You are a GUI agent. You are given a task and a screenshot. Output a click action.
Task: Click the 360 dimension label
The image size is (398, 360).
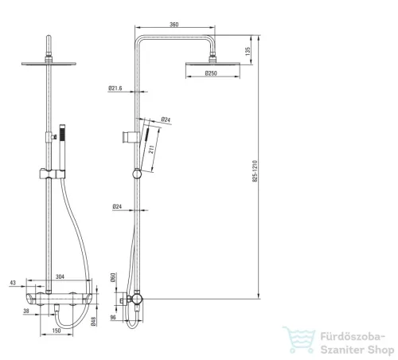coord(174,25)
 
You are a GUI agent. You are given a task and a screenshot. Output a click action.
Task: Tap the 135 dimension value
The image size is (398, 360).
coord(248,51)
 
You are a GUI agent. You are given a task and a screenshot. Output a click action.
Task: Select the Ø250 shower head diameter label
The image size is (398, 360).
coord(211,73)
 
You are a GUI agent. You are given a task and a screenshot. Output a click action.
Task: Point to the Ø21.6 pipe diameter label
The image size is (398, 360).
coord(115,88)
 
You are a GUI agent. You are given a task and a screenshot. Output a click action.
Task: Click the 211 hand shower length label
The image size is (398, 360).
coord(151,151)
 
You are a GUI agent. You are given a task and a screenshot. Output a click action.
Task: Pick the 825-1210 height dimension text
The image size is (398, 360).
coord(255,171)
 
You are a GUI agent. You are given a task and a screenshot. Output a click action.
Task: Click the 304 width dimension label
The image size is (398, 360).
coord(60,276)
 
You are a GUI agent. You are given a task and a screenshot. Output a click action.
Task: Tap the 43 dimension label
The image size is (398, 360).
coord(13,283)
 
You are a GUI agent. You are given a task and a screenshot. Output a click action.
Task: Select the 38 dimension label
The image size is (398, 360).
coord(26,311)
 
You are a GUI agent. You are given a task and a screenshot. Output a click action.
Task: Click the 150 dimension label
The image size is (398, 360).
coord(57,331)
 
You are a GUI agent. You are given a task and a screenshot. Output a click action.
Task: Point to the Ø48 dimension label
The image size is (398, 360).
coord(93,321)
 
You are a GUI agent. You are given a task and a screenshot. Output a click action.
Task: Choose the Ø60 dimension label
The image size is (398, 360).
coord(113,277)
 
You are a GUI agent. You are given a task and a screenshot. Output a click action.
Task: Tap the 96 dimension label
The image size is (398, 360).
coord(113,317)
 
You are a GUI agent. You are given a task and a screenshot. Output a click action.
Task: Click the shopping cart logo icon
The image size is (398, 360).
coord(299,339)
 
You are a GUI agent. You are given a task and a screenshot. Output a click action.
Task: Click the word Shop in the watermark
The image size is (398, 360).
coord(381,350)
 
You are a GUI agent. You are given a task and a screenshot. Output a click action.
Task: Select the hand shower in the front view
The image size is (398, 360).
coord(62,147)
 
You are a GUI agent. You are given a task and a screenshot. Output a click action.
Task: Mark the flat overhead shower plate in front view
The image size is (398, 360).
coord(49,64)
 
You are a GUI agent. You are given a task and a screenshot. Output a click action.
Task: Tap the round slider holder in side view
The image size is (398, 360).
coord(137,174)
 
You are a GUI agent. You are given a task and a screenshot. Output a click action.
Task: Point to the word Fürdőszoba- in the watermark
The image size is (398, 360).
coord(353,337)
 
